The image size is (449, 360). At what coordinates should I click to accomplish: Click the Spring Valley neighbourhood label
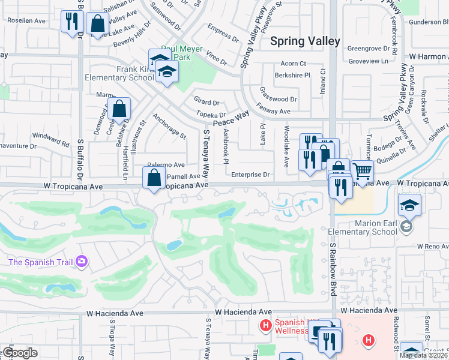[305, 41]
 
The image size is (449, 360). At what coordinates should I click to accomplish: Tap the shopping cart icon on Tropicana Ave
[362, 171]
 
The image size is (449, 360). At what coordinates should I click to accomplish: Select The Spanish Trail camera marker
[82, 262]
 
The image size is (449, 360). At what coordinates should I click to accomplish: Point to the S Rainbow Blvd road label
[332, 269]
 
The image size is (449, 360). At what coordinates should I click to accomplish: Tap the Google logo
[20, 353]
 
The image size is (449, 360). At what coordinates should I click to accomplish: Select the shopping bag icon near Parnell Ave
[154, 177]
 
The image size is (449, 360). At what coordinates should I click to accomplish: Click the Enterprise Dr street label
[251, 175]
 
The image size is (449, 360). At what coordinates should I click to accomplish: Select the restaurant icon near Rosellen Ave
[71, 22]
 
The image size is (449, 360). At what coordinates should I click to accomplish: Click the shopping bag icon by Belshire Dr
[119, 109]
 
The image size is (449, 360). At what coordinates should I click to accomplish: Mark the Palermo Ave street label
[167, 165]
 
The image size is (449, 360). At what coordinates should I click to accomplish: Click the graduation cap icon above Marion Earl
[409, 206]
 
